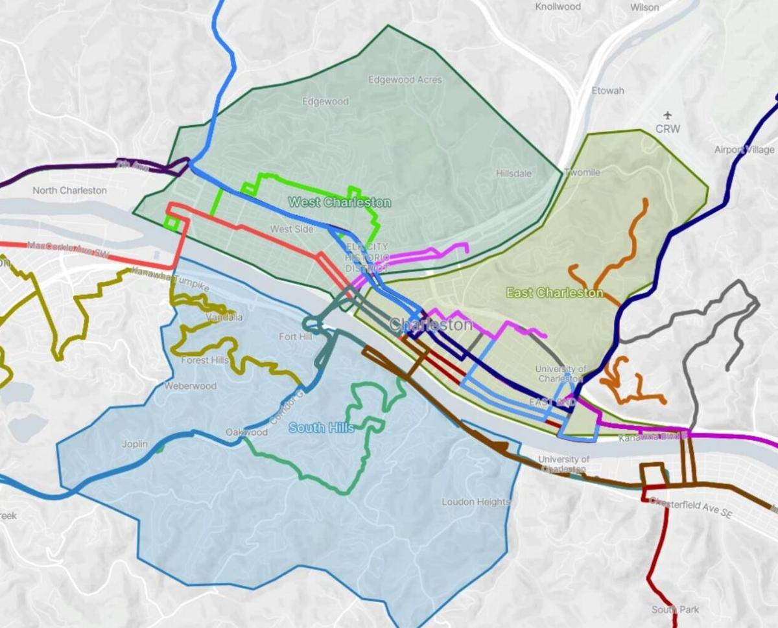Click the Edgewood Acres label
point(405,80)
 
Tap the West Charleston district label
point(339,202)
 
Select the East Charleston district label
point(554,293)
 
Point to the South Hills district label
point(321,428)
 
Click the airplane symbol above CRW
point(668,116)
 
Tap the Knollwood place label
point(558,6)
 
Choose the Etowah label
point(607,91)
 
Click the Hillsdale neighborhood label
point(513,174)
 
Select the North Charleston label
point(69,191)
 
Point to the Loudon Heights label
point(476,502)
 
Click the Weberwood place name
point(190,386)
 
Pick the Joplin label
point(135,445)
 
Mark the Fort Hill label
point(296,336)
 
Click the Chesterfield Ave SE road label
point(690,507)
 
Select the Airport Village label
point(744,150)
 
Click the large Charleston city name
point(430,324)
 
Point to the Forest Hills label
point(205,360)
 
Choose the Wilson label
point(644,8)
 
